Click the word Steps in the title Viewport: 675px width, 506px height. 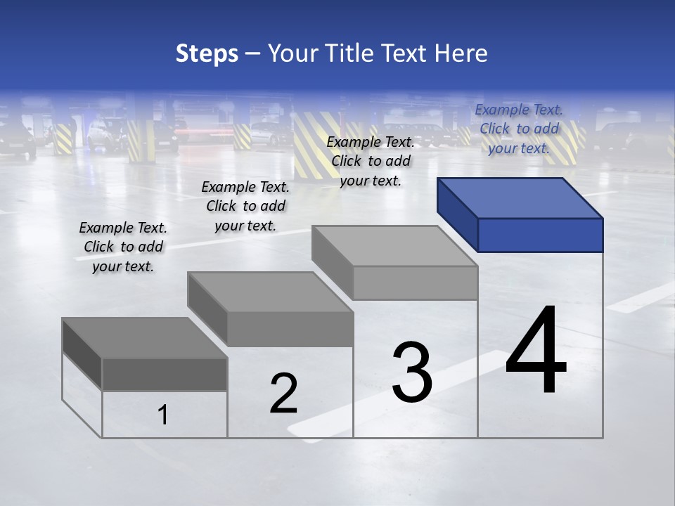point(207,54)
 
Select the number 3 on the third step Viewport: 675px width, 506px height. point(412,372)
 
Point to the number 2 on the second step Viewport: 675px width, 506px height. point(283,394)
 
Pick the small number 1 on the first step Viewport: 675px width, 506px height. point(163,415)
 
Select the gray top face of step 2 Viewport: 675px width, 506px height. point(271,292)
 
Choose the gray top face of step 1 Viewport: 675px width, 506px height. point(145,338)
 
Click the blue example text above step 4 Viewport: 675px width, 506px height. point(519,129)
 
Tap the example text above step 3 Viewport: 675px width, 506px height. point(371,161)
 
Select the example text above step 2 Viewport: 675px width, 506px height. point(245,206)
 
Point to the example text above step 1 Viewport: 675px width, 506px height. point(123,247)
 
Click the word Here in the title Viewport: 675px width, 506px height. point(461,53)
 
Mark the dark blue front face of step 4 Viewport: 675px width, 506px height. point(540,235)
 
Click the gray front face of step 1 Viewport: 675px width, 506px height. point(165,375)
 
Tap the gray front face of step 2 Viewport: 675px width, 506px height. point(290,329)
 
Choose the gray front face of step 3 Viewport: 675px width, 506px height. point(415,283)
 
